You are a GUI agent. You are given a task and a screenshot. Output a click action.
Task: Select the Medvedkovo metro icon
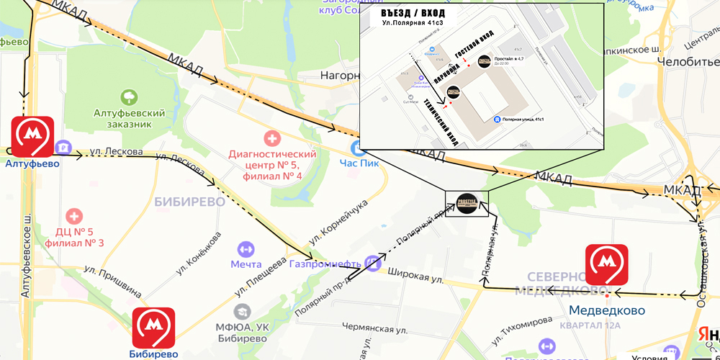point(606,265)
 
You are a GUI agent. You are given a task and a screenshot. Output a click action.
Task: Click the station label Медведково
point(606,310)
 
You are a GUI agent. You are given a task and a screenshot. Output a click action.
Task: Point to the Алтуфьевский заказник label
point(130,119)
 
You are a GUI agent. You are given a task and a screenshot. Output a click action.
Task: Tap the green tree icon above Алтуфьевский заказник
point(130,96)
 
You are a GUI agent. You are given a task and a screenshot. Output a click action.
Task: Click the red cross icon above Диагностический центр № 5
point(272,137)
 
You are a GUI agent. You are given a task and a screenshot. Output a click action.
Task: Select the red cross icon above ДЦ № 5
point(74,215)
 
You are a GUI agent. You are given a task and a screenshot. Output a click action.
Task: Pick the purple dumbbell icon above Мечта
point(246,248)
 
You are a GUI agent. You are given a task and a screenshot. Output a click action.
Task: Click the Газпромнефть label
point(325,264)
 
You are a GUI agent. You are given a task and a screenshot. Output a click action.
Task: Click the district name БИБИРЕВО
point(189,202)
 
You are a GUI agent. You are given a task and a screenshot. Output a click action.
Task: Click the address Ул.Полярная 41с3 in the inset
point(413,24)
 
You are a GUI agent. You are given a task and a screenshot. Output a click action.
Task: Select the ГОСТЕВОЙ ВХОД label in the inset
point(467,47)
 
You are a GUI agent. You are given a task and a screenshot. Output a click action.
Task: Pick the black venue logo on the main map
point(467,204)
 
